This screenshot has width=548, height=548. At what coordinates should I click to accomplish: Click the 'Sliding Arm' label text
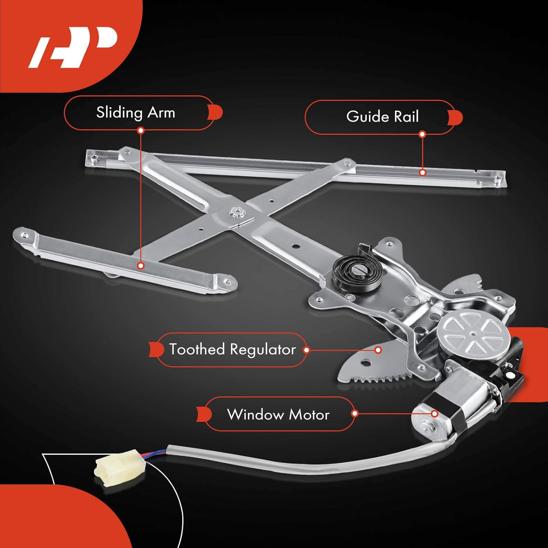tap(136, 113)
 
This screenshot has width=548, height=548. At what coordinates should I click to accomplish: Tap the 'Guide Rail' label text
tap(382, 117)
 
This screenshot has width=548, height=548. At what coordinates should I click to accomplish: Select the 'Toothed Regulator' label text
tap(232, 350)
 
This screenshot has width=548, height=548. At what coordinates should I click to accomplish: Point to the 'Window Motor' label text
tap(278, 415)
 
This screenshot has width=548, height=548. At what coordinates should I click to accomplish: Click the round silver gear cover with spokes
tap(473, 332)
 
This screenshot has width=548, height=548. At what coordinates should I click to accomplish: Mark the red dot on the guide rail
tap(423, 172)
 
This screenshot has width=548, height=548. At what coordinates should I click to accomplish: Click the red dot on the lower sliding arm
tap(141, 266)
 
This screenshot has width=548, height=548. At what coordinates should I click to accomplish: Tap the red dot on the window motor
tap(434, 414)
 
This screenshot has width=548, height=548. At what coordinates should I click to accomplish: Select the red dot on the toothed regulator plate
tap(378, 350)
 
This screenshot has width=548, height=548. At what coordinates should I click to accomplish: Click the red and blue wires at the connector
tap(155, 455)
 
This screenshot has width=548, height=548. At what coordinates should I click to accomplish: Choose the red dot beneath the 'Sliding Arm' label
tap(141, 130)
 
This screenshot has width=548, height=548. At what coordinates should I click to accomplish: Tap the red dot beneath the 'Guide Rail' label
tap(422, 134)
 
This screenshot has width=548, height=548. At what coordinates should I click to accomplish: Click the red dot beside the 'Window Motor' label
tap(354, 414)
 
